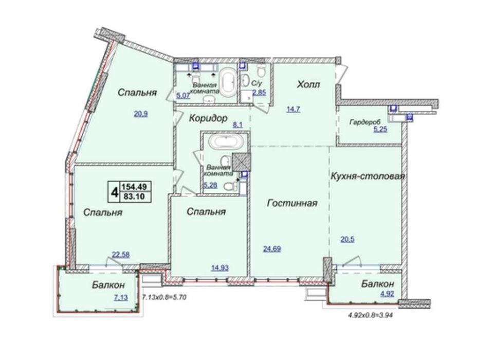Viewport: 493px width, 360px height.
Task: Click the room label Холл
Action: tap(308, 84)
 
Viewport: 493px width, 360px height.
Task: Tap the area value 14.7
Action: tap(294, 108)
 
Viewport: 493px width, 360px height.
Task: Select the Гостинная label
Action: tap(292, 203)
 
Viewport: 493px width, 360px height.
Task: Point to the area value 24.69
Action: tap(272, 249)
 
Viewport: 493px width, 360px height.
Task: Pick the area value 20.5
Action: tap(347, 239)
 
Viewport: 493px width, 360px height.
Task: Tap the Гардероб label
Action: tap(364, 122)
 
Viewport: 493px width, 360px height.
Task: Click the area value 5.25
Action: tap(379, 130)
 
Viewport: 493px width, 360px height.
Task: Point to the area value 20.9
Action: tap(141, 114)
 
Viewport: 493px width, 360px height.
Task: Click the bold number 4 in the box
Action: tap(113, 192)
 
